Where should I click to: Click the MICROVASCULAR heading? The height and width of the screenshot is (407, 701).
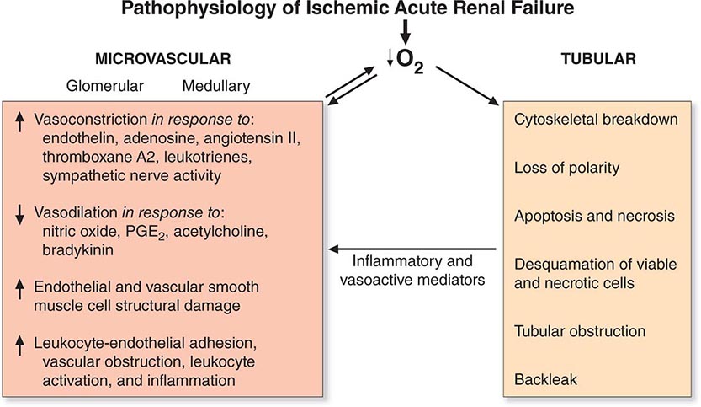pyautogui.click(x=162, y=59)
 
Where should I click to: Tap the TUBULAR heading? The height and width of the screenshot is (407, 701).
pyautogui.click(x=598, y=59)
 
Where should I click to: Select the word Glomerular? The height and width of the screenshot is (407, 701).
pyautogui.click(x=104, y=85)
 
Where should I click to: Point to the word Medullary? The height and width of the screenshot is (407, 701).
pyautogui.click(x=216, y=86)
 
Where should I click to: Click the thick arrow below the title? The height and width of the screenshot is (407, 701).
pyautogui.click(x=405, y=32)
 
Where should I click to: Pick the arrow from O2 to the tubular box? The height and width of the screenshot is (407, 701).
pyautogui.click(x=468, y=86)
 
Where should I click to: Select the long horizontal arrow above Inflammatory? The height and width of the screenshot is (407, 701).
pyautogui.click(x=412, y=249)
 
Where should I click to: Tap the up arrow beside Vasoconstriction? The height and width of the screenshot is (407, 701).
pyautogui.click(x=19, y=121)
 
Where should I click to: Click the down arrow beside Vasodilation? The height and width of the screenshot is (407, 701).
pyautogui.click(x=19, y=215)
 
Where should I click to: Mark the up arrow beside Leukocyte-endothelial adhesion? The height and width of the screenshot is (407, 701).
pyautogui.click(x=19, y=345)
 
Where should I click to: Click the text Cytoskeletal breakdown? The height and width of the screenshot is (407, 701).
pyautogui.click(x=596, y=120)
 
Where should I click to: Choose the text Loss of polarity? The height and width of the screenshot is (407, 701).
pyautogui.click(x=566, y=168)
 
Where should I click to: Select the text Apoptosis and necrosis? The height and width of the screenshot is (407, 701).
pyautogui.click(x=594, y=216)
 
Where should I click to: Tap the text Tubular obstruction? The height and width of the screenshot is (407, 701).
pyautogui.click(x=579, y=331)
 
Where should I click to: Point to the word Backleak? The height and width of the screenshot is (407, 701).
pyautogui.click(x=545, y=380)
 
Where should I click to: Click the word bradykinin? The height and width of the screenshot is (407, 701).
pyautogui.click(x=77, y=249)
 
